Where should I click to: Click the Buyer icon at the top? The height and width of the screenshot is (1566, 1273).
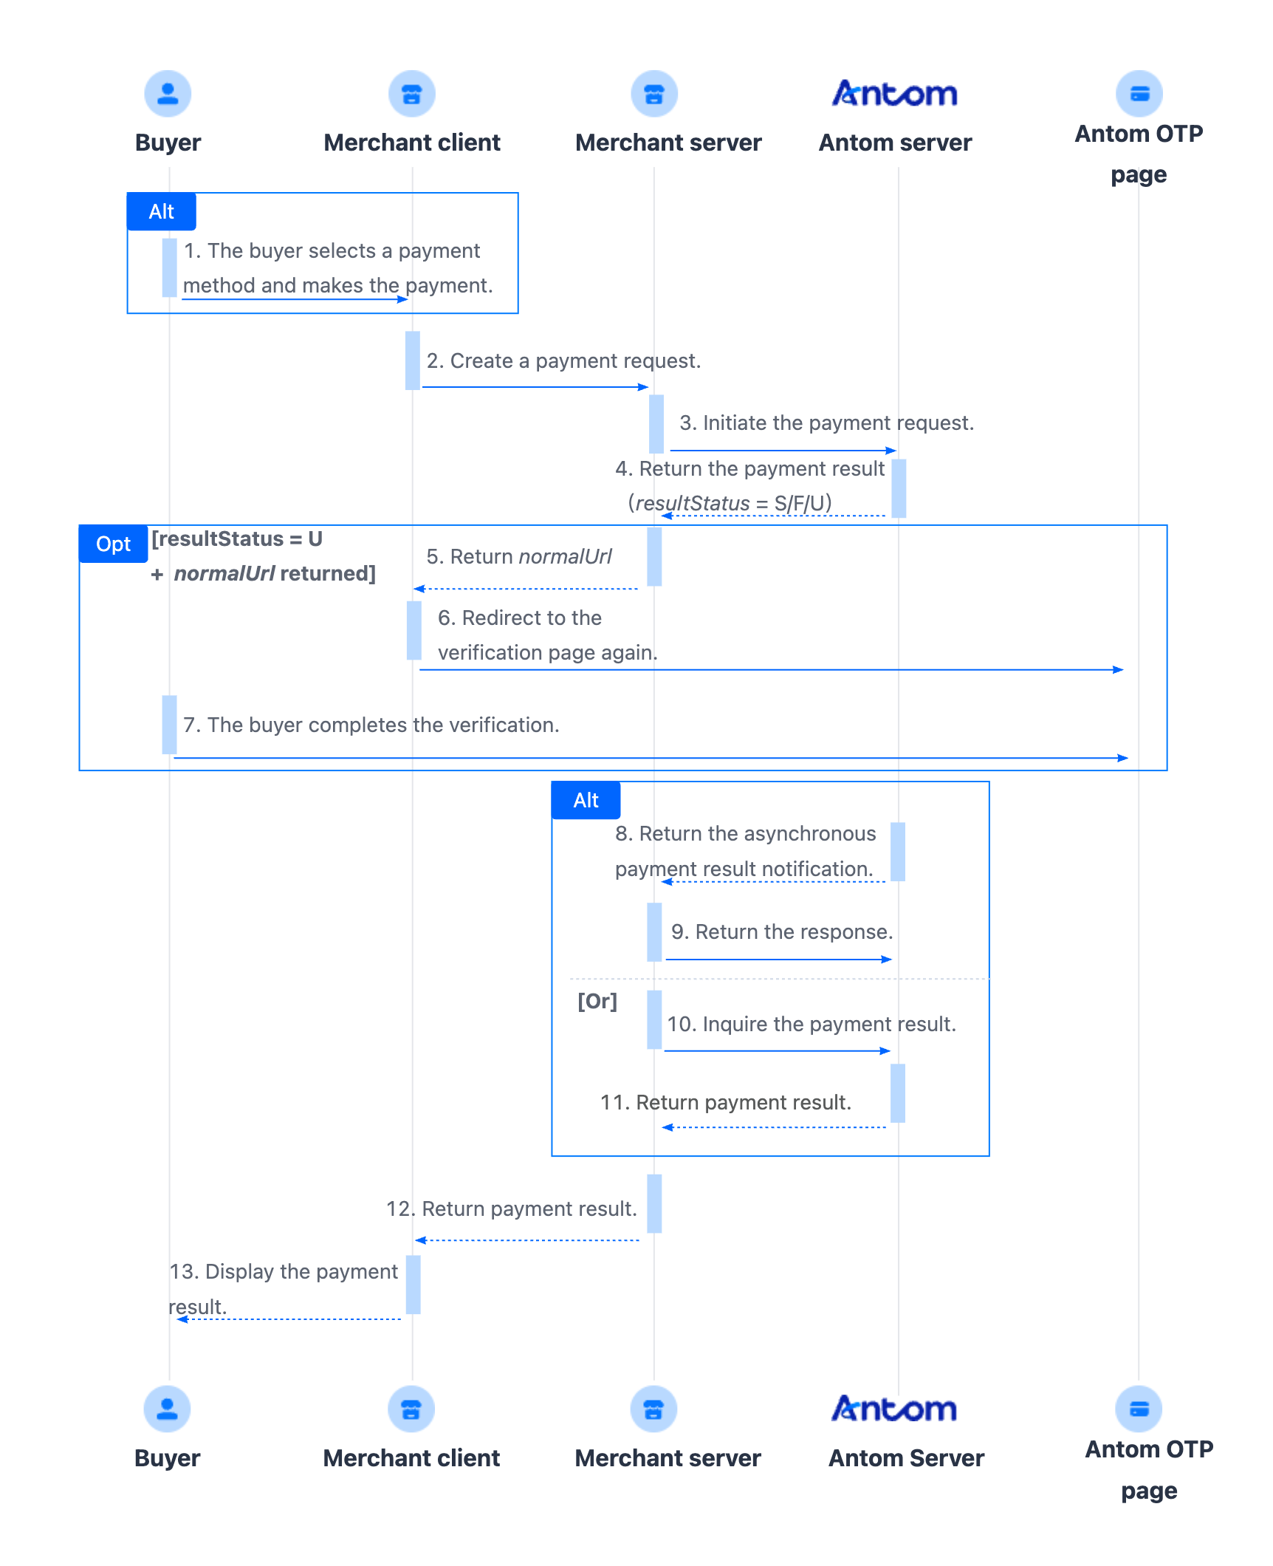click(x=168, y=94)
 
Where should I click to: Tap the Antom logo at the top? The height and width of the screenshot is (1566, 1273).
click(x=895, y=93)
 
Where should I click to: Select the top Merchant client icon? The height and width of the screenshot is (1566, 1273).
click(x=412, y=94)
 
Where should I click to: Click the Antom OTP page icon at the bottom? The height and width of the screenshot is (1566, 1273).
click(x=1139, y=1409)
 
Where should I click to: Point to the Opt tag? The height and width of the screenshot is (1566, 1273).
click(x=113, y=544)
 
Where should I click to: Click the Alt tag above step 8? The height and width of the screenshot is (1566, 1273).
click(x=586, y=800)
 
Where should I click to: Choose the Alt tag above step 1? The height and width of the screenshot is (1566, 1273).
click(x=161, y=211)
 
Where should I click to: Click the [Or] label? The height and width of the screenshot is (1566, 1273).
click(x=597, y=1001)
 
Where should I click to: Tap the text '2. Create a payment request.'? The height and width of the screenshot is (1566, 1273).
click(x=563, y=360)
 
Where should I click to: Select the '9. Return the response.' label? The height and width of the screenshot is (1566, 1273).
click(x=782, y=931)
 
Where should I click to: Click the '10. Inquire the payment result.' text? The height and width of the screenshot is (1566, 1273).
click(x=812, y=1024)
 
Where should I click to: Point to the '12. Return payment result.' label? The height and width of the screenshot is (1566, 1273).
click(x=512, y=1208)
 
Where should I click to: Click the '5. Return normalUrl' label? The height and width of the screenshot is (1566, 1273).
click(x=519, y=556)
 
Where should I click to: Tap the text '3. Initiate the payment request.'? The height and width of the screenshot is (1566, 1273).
click(x=827, y=423)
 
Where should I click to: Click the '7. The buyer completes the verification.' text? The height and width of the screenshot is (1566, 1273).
click(x=371, y=725)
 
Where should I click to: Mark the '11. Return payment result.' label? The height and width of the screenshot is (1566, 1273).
click(x=726, y=1102)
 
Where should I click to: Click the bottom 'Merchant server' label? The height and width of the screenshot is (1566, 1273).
click(x=668, y=1458)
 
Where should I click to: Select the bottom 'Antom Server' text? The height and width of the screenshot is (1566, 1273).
click(x=907, y=1458)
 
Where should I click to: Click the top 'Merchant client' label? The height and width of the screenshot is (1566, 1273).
click(x=412, y=143)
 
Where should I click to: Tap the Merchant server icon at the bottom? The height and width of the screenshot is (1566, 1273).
click(x=654, y=1409)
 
